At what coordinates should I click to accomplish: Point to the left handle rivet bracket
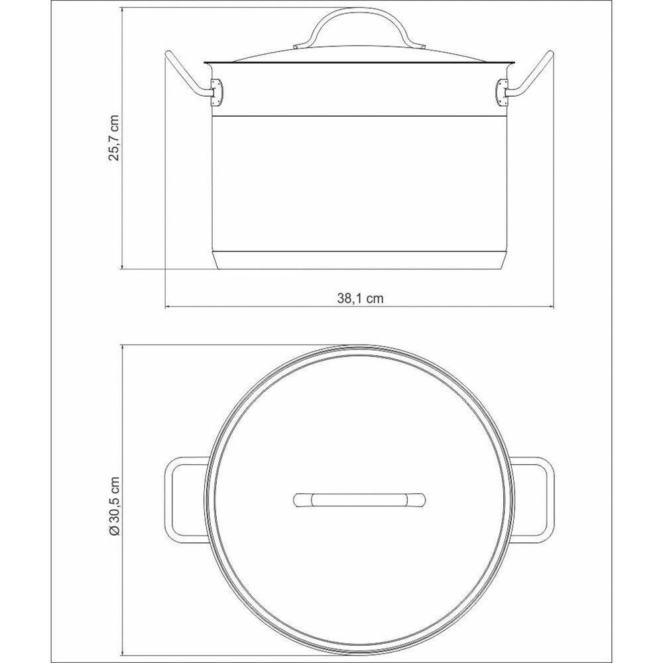[215, 91]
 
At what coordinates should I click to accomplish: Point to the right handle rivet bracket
[502, 91]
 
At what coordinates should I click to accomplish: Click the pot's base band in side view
[359, 261]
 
